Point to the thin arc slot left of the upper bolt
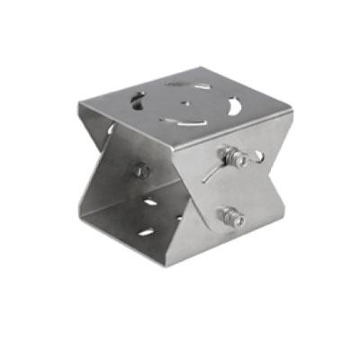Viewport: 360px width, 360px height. click(211, 171)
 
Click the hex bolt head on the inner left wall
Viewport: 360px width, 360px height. click(140, 169)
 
